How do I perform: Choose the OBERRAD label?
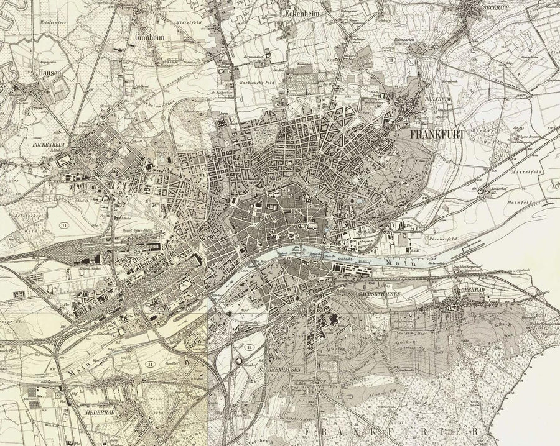(455, 288)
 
